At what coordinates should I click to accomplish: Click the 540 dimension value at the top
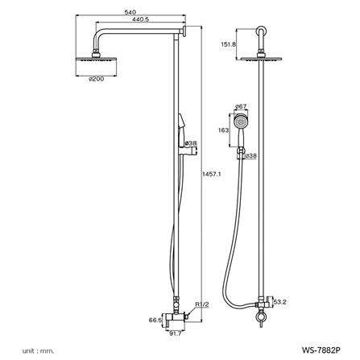[130, 12]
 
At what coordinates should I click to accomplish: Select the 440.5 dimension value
[140, 19]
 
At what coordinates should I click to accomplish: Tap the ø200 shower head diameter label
[97, 79]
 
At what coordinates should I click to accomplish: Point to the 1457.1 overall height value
[211, 174]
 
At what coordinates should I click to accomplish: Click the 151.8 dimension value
[228, 44]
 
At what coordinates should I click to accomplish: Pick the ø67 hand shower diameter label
[241, 106]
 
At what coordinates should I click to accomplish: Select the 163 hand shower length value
[223, 130]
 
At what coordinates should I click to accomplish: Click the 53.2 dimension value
[280, 302]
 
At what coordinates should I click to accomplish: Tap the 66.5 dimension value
[155, 320]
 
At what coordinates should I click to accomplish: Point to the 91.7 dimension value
[175, 333]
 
